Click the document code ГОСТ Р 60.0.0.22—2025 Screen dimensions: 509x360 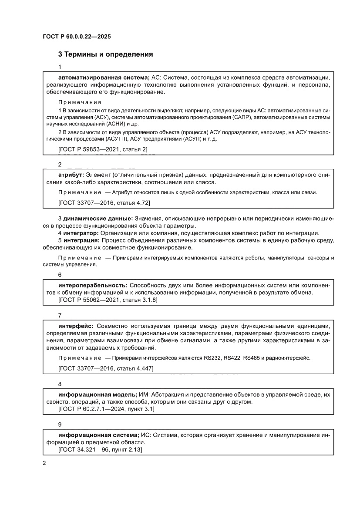click(77, 37)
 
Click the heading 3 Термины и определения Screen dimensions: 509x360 click(105, 55)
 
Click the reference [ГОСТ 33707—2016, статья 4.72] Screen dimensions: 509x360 click(104, 202)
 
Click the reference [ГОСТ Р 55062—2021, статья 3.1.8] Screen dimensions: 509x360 click(108, 300)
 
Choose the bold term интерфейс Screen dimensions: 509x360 click(75, 326)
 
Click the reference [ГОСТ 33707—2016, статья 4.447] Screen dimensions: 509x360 click(106, 368)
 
